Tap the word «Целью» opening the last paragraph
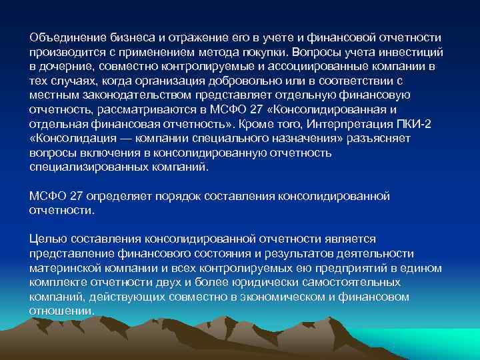tap(45, 239)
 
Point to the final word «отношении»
tap(61, 311)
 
